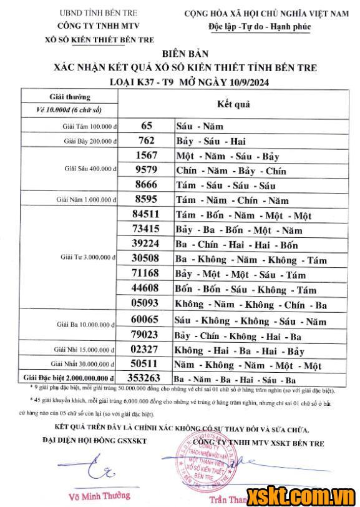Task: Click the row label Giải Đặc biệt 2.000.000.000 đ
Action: pyautogui.click(x=69, y=378)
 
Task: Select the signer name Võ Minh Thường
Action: pyautogui.click(x=100, y=496)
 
